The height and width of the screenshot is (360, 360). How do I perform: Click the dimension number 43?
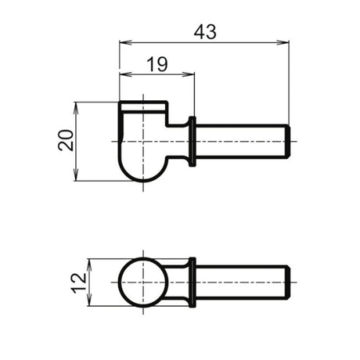click(x=205, y=32)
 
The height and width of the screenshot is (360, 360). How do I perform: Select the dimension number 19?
click(x=157, y=64)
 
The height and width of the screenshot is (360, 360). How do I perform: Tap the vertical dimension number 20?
click(x=66, y=140)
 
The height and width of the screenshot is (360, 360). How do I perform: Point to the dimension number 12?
click(x=79, y=283)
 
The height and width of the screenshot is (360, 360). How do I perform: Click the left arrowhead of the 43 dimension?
click(x=125, y=42)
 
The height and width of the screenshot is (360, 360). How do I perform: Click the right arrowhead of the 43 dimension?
click(x=283, y=42)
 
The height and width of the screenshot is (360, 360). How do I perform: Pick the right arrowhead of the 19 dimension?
click(x=189, y=74)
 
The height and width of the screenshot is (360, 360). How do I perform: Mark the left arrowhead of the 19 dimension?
click(x=125, y=74)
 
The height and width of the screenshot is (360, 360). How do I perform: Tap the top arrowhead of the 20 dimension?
click(x=76, y=108)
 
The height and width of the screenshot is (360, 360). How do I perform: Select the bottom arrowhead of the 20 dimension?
click(x=76, y=175)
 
